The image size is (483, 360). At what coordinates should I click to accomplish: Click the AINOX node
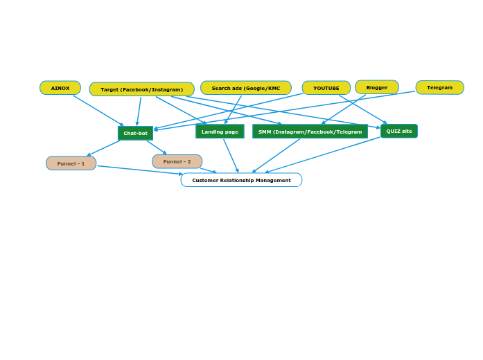pos(60,88)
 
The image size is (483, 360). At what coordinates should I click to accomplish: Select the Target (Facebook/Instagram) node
pos(142,89)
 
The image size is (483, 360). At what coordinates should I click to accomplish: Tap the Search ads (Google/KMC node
pos(246,88)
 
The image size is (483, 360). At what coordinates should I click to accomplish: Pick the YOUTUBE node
pos(326,88)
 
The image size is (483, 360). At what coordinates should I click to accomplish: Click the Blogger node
pos(377,87)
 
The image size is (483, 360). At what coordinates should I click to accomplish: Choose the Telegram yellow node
pos(439,87)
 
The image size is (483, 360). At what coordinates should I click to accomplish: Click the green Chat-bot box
pos(135,133)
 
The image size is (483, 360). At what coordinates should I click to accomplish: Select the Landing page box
pos(220,132)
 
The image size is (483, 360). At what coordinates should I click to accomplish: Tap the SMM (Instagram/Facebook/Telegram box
pos(310,132)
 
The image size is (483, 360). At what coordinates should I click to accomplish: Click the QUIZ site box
pos(399,131)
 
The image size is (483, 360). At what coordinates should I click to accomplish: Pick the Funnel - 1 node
pos(71,163)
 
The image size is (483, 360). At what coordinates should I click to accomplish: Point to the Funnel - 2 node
pos(177,161)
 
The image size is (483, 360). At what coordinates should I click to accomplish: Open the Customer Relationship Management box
pos(241,180)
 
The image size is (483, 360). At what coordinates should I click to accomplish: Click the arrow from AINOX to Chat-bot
pos(98,110)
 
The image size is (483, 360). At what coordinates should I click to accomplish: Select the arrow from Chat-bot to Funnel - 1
pos(104,148)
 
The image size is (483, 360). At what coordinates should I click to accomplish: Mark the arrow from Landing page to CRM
pos(231,156)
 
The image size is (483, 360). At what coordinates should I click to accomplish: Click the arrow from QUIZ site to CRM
pos(323,155)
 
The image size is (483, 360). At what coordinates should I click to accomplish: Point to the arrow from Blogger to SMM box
pos(344,109)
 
